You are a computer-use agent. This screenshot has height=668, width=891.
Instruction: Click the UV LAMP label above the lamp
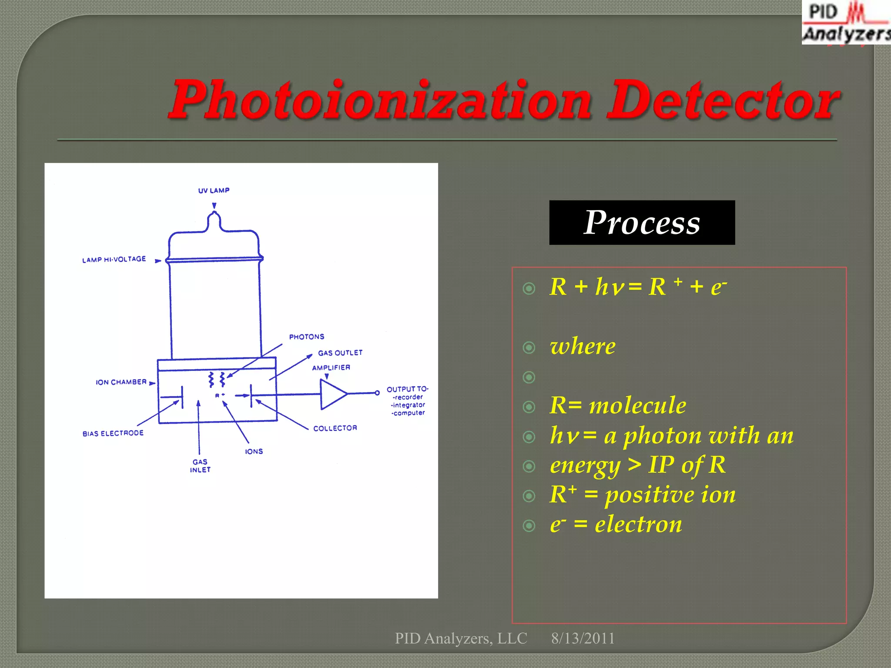(x=214, y=190)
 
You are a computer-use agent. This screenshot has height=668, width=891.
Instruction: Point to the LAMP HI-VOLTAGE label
(x=114, y=259)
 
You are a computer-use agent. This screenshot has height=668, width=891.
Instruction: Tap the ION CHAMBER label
(x=121, y=382)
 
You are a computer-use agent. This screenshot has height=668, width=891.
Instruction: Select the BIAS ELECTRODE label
(x=113, y=433)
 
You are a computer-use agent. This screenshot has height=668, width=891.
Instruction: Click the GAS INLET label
(x=200, y=466)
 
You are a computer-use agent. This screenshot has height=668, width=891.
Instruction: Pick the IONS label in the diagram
(x=254, y=451)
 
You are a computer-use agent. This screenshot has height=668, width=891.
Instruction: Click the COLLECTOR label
(x=335, y=428)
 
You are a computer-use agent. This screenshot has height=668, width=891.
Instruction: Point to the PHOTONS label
(x=307, y=337)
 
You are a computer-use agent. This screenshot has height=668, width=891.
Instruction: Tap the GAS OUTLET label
(x=340, y=353)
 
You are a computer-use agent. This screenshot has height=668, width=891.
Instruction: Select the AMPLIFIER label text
(x=331, y=367)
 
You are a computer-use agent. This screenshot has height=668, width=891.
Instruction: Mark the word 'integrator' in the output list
(x=408, y=405)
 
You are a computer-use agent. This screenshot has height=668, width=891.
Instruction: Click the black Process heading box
(x=642, y=223)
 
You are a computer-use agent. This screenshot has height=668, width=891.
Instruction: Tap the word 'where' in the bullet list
(x=583, y=347)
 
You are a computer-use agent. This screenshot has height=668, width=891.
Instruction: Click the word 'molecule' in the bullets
(x=637, y=406)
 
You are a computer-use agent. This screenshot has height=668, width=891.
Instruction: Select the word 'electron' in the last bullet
(x=638, y=524)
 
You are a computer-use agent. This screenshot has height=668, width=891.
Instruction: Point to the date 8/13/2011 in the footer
(x=583, y=638)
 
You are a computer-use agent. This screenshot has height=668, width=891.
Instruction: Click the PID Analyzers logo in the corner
(x=846, y=23)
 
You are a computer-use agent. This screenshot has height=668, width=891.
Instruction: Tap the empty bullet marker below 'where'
(x=529, y=377)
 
